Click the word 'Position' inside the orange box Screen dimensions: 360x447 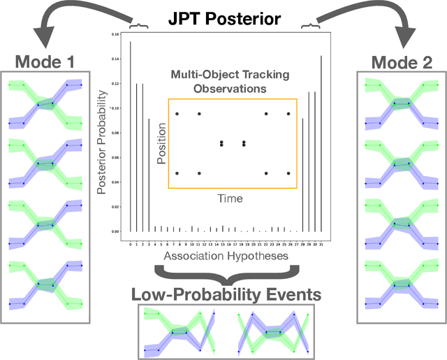pyautogui.click(x=162, y=143)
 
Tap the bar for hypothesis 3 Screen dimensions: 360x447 pyautogui.click(x=148, y=175)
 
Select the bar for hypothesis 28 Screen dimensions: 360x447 pyautogui.click(x=302, y=175)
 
